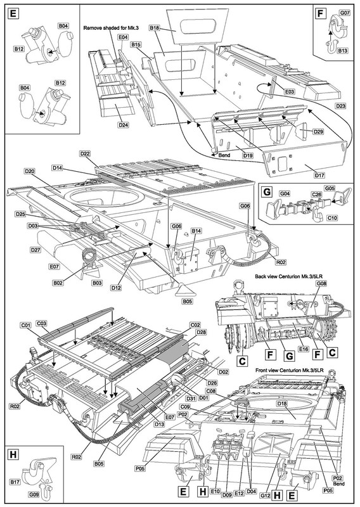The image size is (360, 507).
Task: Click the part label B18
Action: point(154,28)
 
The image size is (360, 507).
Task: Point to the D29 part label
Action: point(318,132)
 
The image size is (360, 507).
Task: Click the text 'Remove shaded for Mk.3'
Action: point(111,28)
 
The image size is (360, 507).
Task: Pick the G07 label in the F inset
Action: point(345,13)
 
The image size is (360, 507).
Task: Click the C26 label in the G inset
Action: point(316,195)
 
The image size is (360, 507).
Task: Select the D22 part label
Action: point(84,153)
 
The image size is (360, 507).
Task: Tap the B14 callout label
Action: point(196,231)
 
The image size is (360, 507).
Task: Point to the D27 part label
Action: point(35,250)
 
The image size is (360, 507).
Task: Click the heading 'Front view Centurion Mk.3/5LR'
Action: point(290,370)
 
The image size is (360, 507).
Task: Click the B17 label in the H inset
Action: point(15,482)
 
